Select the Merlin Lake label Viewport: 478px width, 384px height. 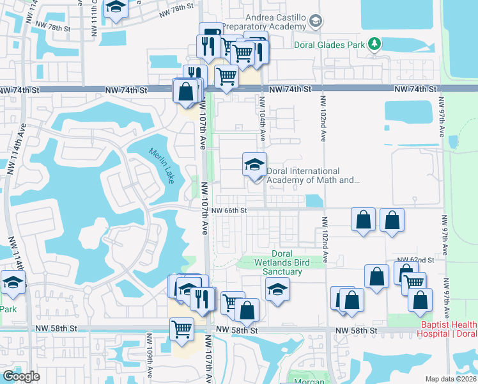tap(162, 166)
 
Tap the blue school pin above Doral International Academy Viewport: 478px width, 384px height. tap(254, 165)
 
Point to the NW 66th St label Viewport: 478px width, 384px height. tap(229, 210)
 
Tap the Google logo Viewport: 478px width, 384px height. tap(21, 376)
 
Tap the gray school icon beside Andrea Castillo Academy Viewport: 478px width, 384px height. tap(315, 22)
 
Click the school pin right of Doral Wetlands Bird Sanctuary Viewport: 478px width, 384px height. tap(277, 291)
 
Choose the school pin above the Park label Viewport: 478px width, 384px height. tap(12, 282)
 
